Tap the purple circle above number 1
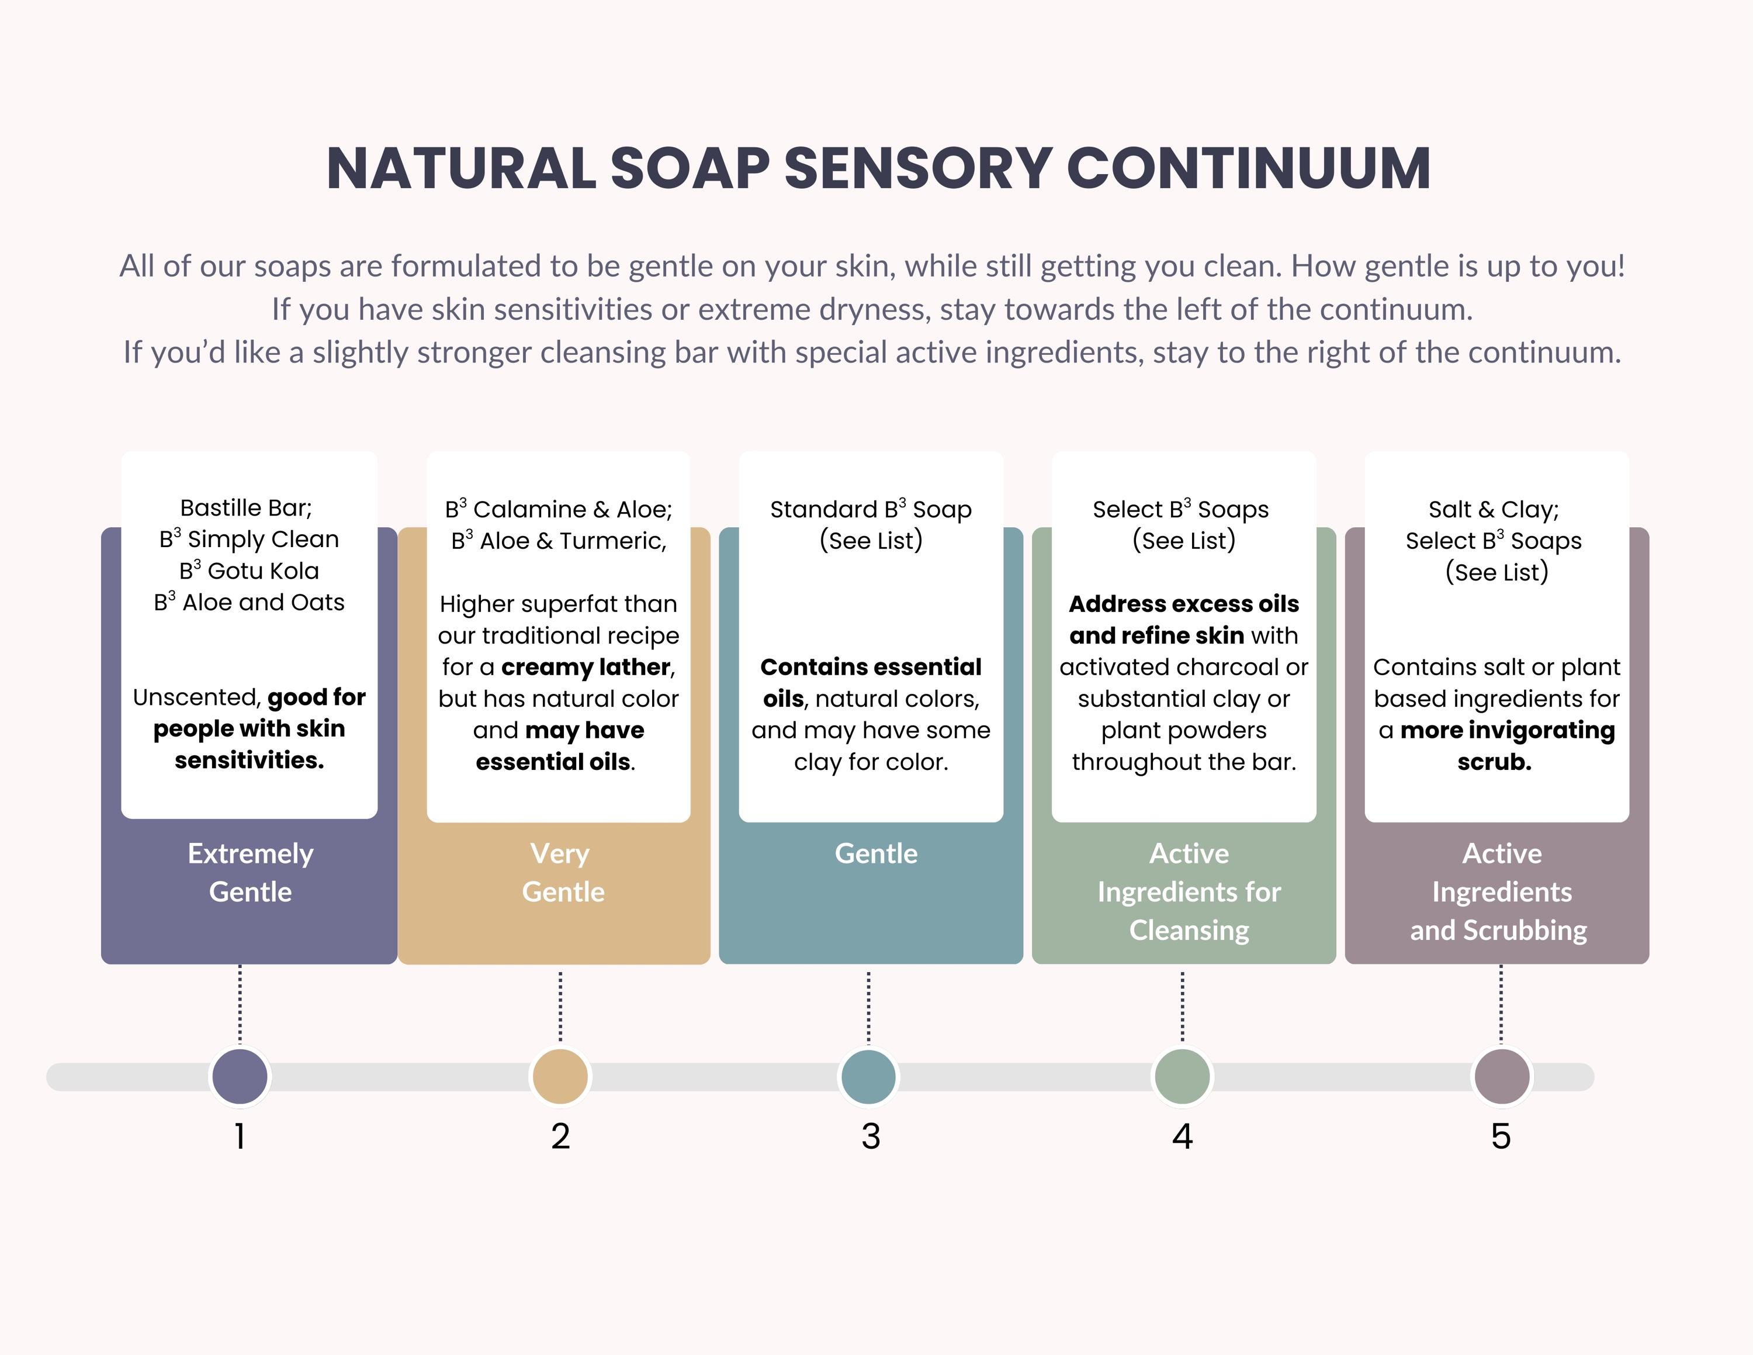point(240,1076)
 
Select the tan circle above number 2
point(560,1076)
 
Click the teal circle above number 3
point(868,1076)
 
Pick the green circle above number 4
point(1182,1076)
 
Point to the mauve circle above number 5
point(1502,1076)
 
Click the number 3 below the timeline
point(871,1136)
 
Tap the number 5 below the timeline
point(1501,1136)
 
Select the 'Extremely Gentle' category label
point(251,873)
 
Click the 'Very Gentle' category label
point(562,873)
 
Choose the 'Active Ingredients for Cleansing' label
point(1189,892)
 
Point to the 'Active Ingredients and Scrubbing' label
point(1499,892)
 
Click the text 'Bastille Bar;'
point(247,508)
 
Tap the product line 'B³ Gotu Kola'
point(249,570)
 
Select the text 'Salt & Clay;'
point(1494,510)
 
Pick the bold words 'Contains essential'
point(871,667)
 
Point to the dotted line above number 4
point(1182,1006)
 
